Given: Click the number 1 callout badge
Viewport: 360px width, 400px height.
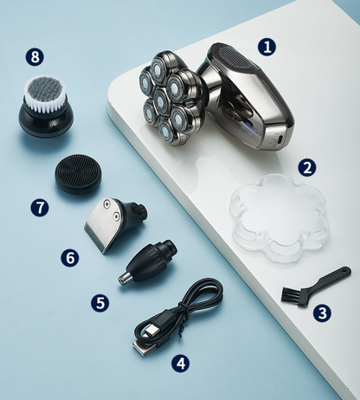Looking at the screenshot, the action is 267,47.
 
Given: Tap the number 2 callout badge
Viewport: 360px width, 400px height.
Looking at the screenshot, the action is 307,167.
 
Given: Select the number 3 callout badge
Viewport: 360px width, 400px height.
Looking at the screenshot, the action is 322,313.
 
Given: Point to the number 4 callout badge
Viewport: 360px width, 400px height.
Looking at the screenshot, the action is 181,363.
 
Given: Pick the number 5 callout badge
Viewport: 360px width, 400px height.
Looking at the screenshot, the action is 100,303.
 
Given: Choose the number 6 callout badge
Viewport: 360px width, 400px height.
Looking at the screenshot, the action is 70,257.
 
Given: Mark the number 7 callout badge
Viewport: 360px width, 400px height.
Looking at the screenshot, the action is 40,207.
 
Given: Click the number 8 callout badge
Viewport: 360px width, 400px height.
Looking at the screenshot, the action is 35,56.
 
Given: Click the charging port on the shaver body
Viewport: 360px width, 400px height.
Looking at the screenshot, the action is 280,139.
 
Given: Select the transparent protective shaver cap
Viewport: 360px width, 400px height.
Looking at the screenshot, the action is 280,218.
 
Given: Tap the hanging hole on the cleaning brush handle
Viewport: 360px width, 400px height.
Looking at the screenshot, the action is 345,271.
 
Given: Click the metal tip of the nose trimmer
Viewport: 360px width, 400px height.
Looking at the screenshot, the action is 125,278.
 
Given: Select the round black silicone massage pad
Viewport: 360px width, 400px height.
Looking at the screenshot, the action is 78,174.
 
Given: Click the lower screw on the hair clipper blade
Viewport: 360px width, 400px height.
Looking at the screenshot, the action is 116,215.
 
